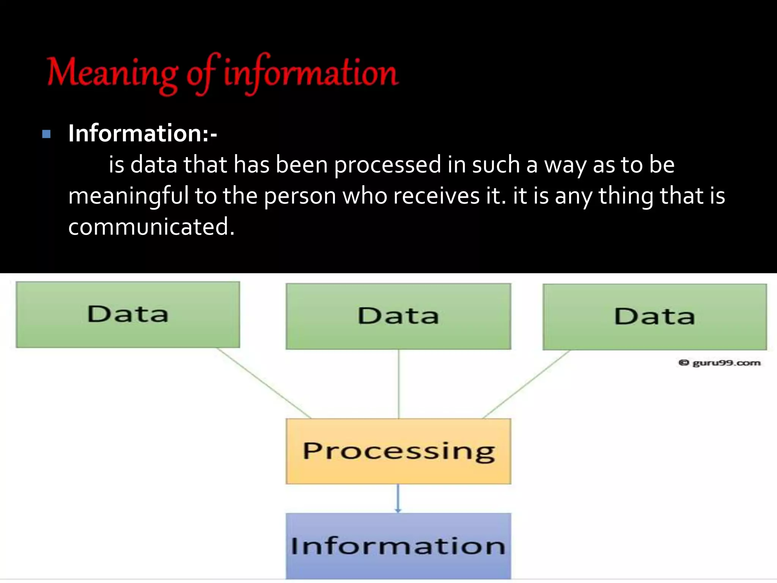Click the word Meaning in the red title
[112, 73]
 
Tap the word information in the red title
[310, 73]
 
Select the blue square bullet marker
[46, 134]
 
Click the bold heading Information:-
[142, 133]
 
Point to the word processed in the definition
[387, 165]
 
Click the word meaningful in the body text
[128, 196]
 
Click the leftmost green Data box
[128, 314]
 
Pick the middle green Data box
[398, 316]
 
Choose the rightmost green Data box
[654, 317]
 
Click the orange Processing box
[398, 451]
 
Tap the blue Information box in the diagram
[398, 546]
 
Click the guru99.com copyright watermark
[719, 363]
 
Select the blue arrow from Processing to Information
[398, 498]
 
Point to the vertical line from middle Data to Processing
[398, 383]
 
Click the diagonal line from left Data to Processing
[264, 383]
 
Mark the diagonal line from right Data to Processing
[527, 384]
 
